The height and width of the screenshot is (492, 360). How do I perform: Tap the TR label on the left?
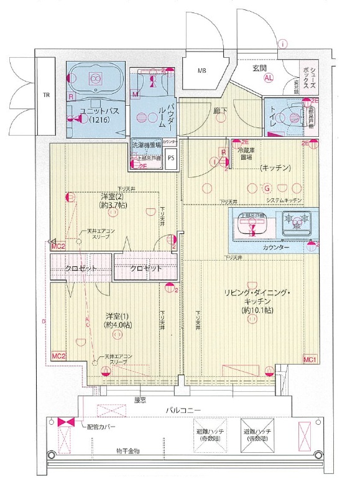point(46,96)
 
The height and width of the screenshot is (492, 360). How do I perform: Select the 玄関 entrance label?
point(259,67)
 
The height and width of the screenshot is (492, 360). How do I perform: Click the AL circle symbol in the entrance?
point(269,78)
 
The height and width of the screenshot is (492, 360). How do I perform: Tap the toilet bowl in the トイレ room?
point(290,116)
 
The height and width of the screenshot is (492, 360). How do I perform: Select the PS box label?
point(171,158)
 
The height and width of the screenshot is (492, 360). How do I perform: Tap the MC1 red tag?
point(310,360)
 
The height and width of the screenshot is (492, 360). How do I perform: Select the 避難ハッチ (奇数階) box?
point(213,435)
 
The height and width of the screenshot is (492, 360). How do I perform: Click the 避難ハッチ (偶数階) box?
point(261,435)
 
